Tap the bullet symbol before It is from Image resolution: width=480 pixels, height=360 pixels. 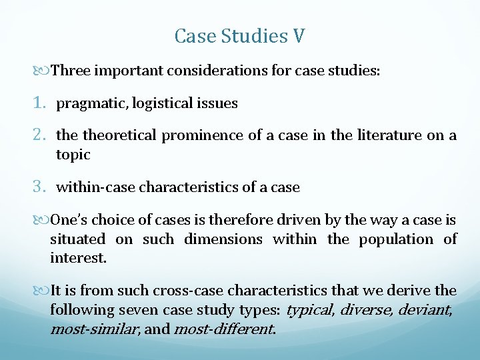[44, 291]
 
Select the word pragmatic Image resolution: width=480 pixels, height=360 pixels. [92, 104]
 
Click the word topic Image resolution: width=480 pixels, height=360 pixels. [73, 155]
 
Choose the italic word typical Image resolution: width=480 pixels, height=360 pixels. [310, 310]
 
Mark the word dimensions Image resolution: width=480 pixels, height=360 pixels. [223, 239]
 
